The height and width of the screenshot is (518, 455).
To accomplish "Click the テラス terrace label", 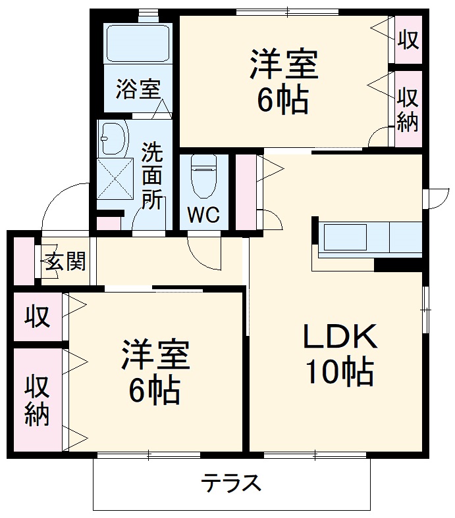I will tap(231, 484).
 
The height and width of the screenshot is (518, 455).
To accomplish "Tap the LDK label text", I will tap(339, 337).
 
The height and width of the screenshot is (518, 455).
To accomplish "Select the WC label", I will tap(203, 215).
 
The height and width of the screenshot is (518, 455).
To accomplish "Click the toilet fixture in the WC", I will tap(203, 174).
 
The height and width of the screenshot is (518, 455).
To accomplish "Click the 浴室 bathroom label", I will tap(138, 89).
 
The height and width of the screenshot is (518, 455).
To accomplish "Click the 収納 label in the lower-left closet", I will tap(38, 400).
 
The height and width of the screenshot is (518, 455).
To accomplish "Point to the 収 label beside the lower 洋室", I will tap(38, 318).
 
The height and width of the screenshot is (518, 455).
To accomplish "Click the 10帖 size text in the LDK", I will tap(339, 373).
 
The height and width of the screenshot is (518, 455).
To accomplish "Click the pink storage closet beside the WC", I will tap(245, 191).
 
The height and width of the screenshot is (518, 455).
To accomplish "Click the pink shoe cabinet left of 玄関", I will tap(24, 260).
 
